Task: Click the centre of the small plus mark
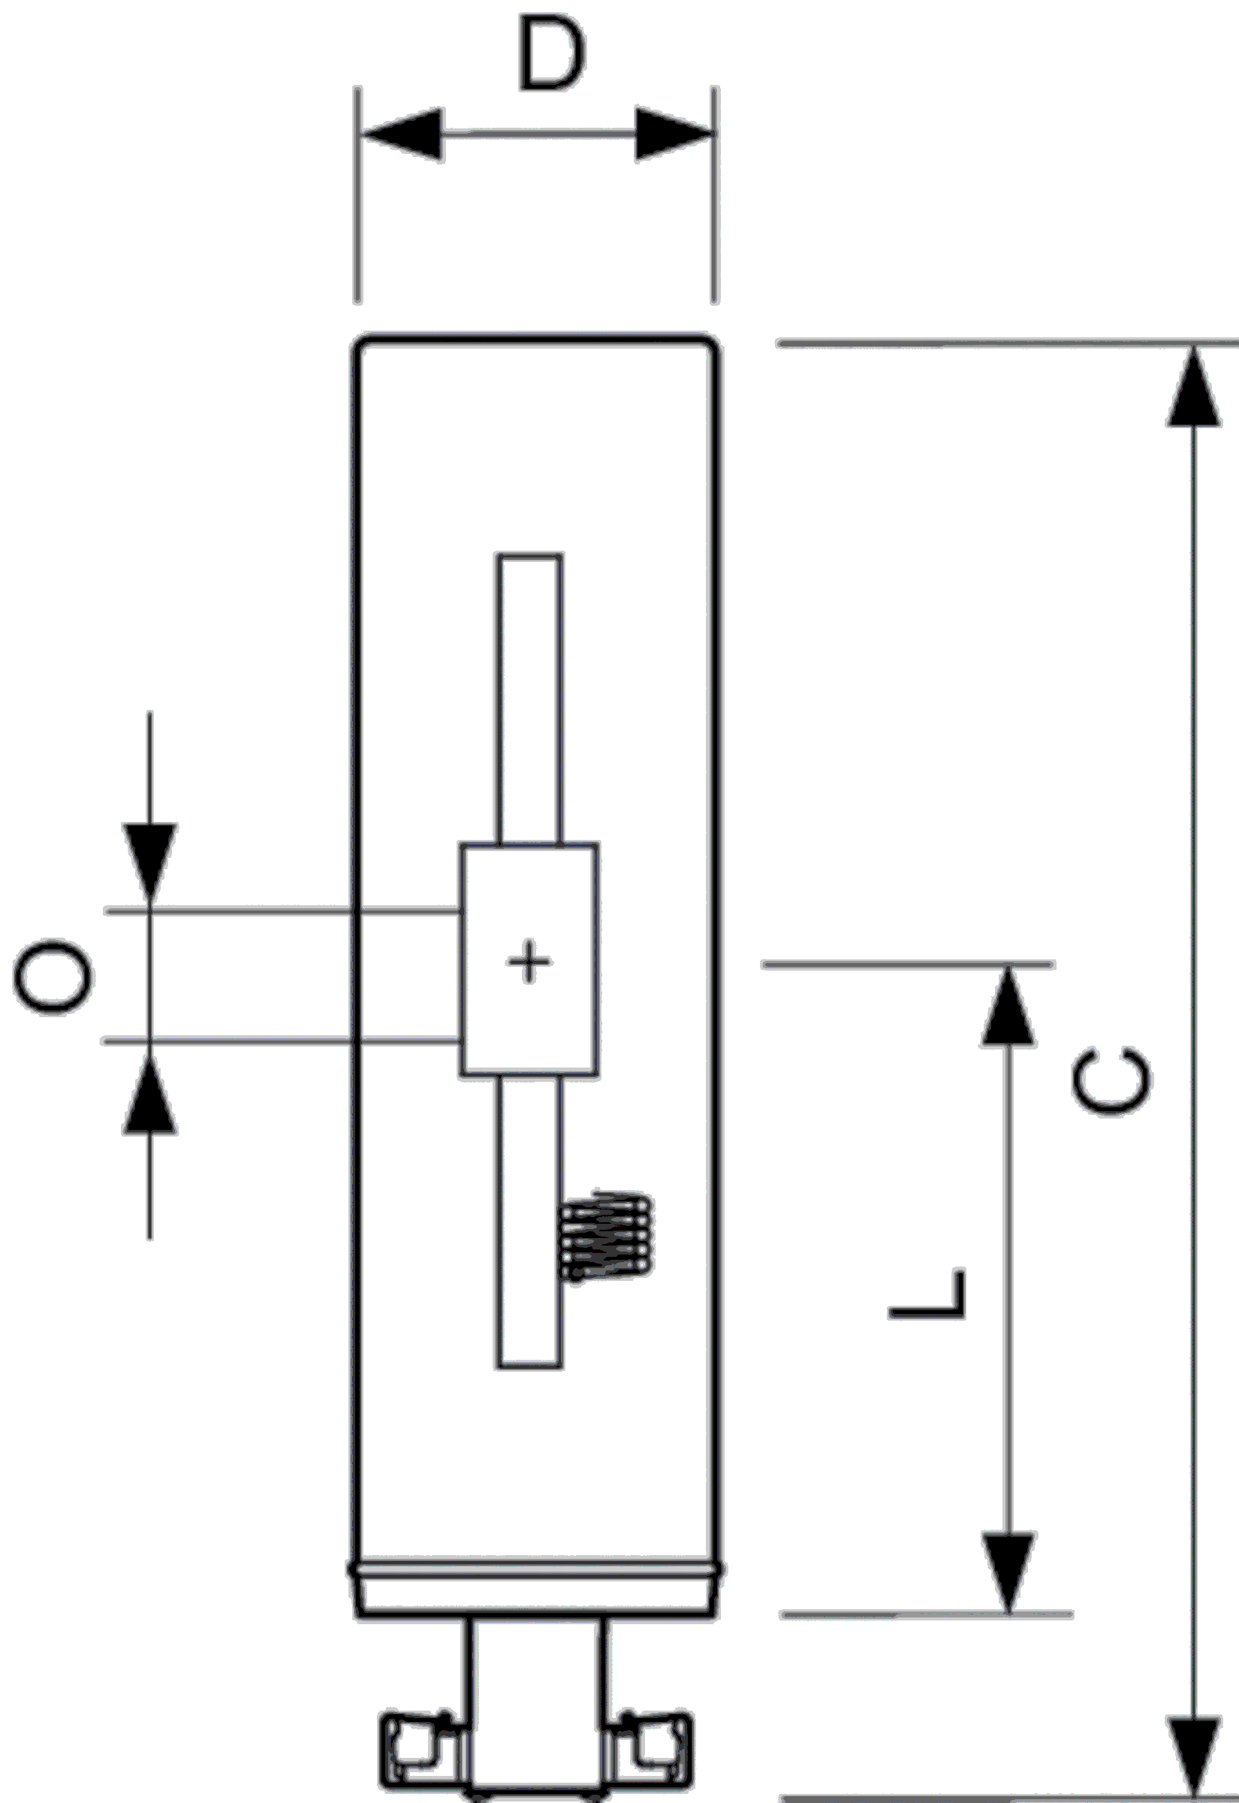(x=529, y=962)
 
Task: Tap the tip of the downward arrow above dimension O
(x=150, y=908)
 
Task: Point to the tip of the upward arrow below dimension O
(x=150, y=1042)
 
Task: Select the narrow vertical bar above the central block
(x=530, y=699)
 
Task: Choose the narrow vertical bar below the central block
(x=529, y=1221)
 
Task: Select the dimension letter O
(x=53, y=977)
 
